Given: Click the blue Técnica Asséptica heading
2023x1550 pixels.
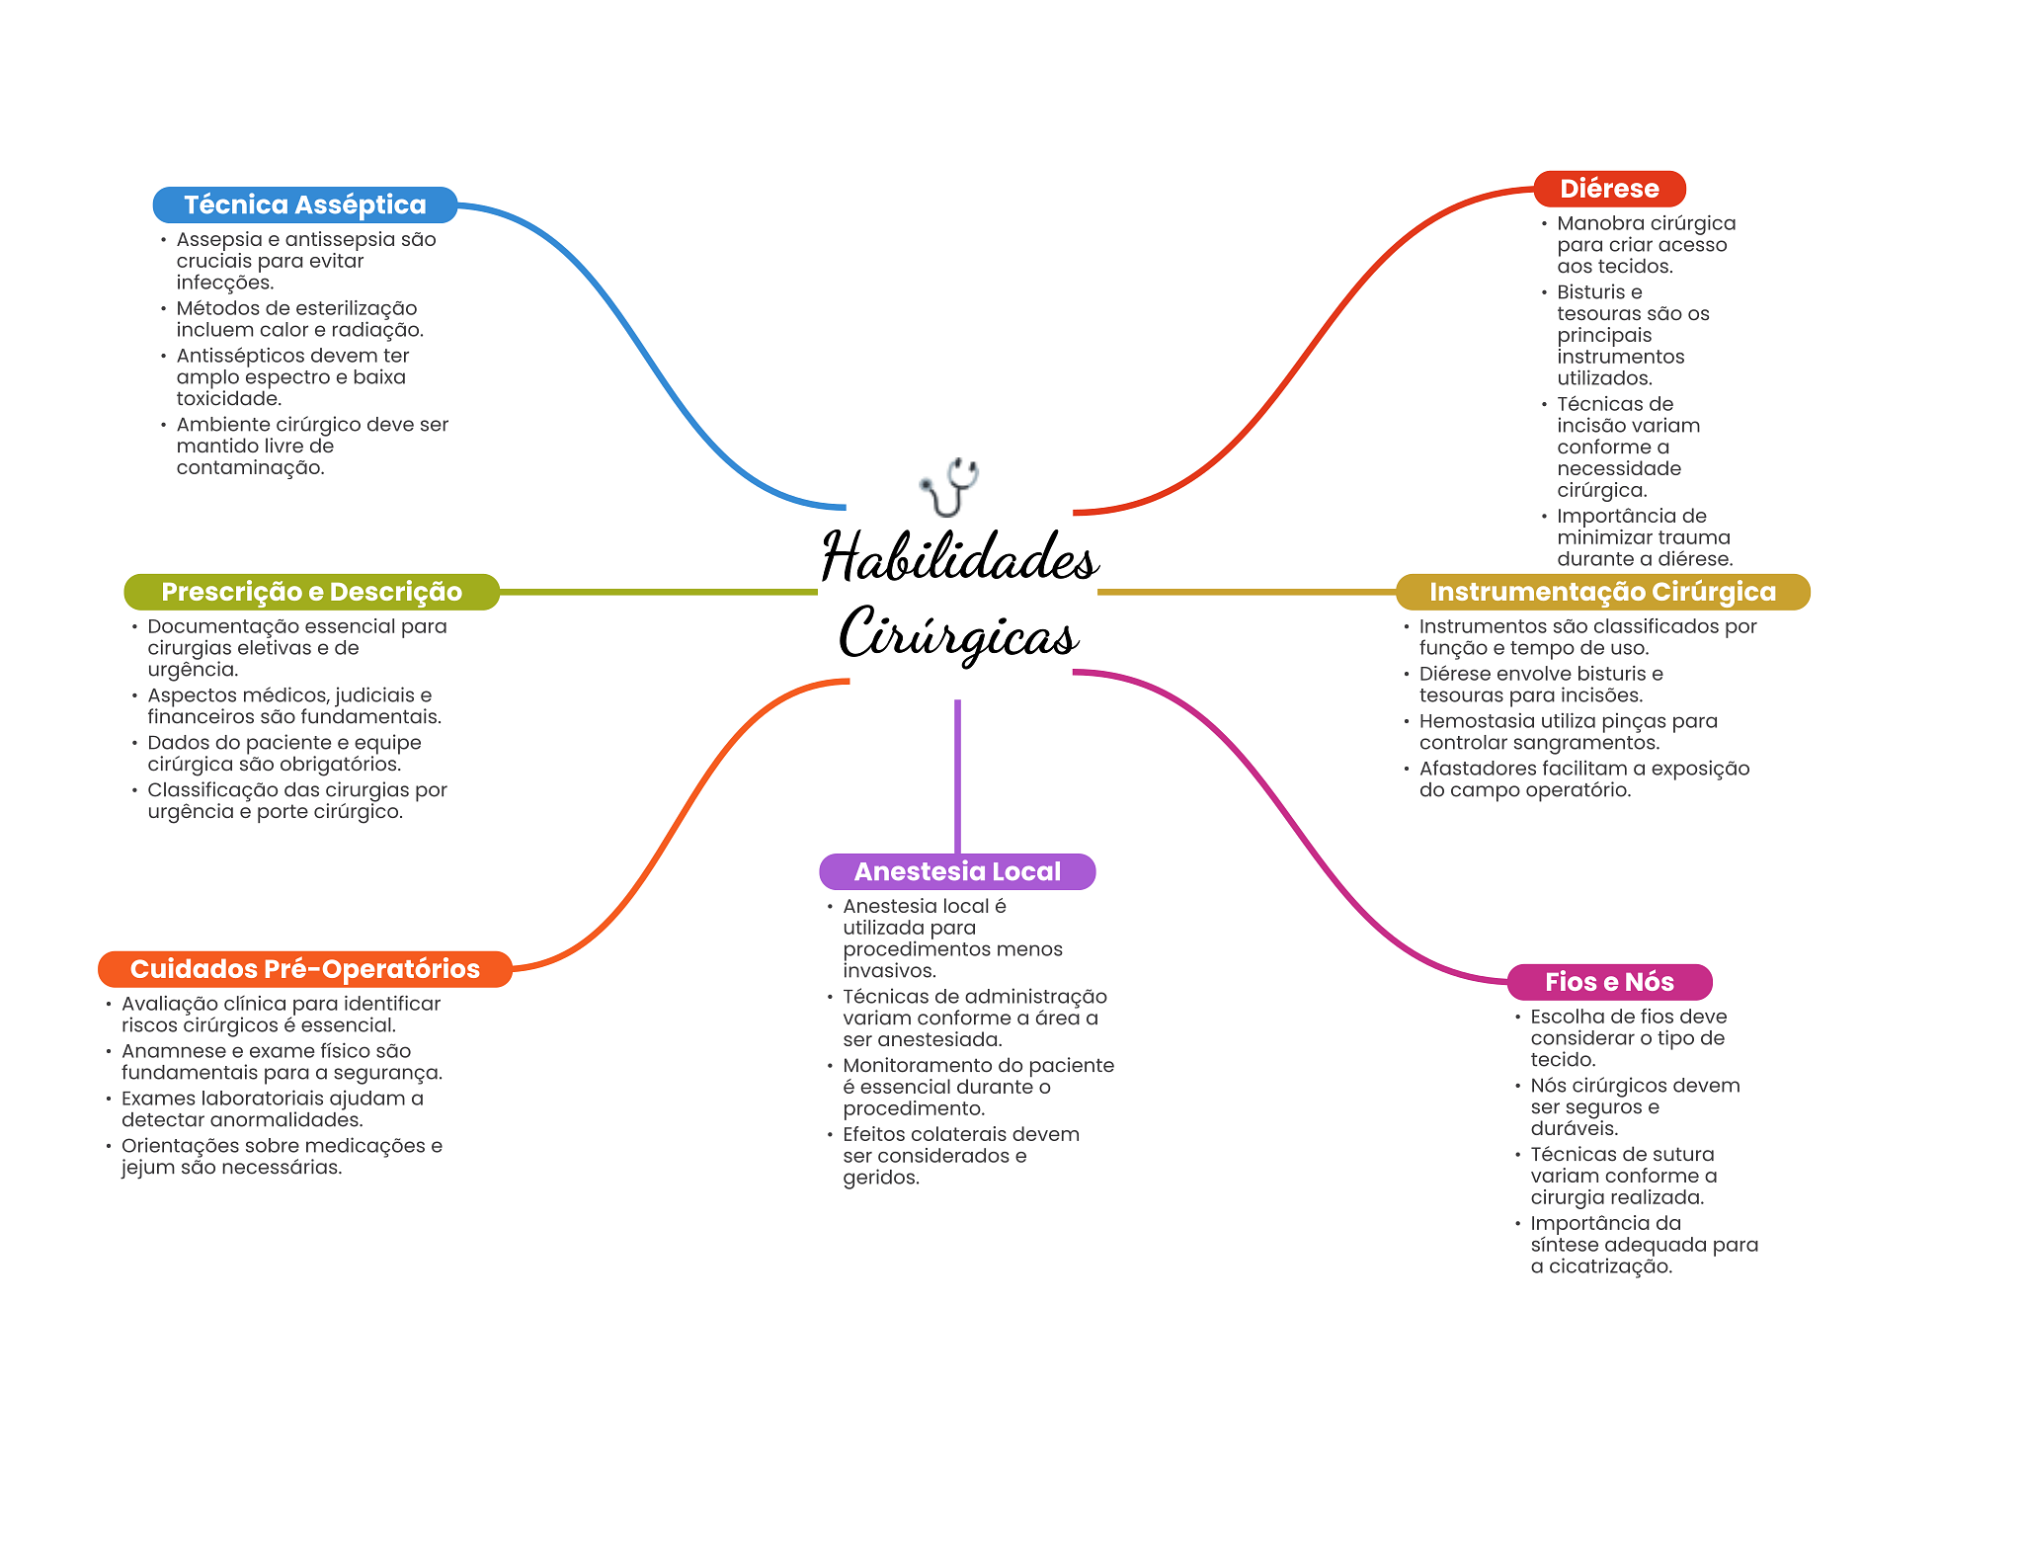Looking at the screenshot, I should click(304, 204).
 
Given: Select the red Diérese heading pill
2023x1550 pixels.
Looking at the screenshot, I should click(1609, 189).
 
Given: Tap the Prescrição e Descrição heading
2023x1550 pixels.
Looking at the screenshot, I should click(311, 592).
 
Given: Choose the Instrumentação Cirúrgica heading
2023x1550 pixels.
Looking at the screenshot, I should click(1602, 592).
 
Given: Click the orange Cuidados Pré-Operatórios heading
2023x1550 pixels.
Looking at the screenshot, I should click(304, 969).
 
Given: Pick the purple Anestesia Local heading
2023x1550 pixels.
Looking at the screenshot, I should click(957, 871).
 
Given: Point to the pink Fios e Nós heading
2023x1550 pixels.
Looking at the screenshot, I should click(1609, 982).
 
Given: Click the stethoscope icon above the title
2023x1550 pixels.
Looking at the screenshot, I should click(949, 486).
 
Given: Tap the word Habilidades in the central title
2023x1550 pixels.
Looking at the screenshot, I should click(959, 558).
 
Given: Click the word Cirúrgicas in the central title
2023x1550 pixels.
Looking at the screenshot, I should click(959, 635).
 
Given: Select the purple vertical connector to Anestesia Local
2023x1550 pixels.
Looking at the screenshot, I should click(957, 775).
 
